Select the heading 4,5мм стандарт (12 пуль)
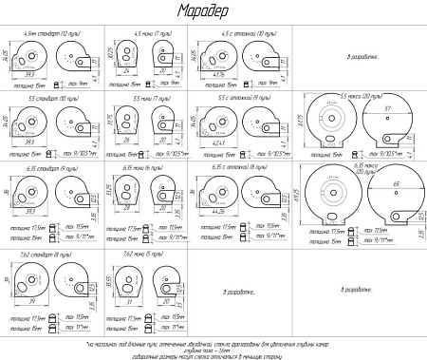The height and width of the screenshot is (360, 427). (53, 33)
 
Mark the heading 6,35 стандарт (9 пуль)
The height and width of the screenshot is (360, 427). (53, 167)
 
